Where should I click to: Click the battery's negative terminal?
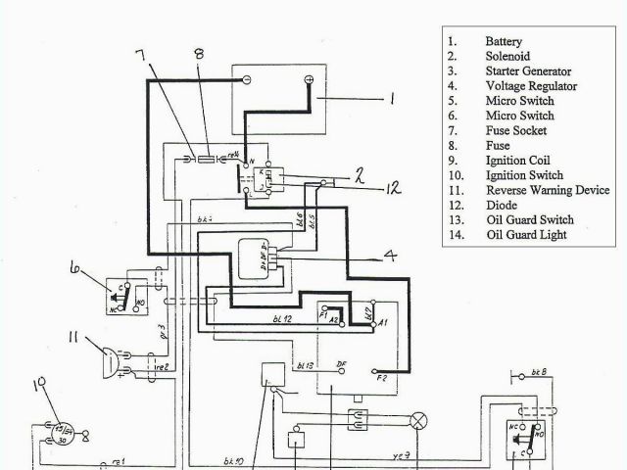point(246,78)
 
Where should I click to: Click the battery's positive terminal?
point(310,78)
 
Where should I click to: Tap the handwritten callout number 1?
point(391,98)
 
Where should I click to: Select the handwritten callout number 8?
point(199,54)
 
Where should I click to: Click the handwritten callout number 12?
point(393,187)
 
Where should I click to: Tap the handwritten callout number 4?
point(390,258)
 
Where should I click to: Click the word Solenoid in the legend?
point(506,57)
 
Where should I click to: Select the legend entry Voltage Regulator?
point(531,86)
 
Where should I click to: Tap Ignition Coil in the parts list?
point(517,161)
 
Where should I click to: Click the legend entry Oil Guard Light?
point(525,234)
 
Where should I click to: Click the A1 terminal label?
point(384,321)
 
